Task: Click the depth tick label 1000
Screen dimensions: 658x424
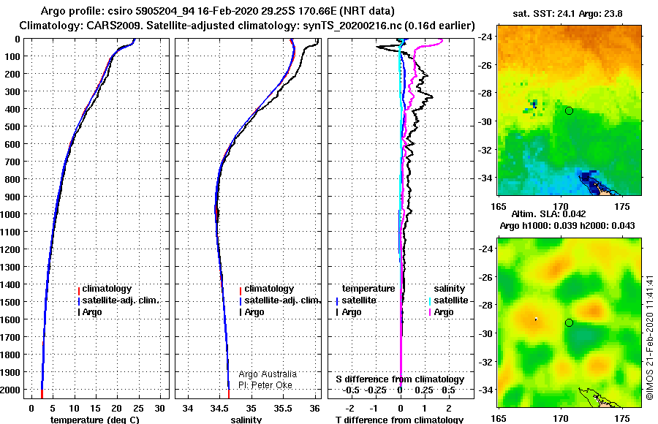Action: [x=10, y=214]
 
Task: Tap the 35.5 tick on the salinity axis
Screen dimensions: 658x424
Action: [x=282, y=409]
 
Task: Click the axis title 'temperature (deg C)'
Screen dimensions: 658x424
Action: [x=94, y=420]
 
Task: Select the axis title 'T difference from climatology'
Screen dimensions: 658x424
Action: [x=399, y=420]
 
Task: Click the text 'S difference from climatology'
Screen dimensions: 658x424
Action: [x=400, y=379]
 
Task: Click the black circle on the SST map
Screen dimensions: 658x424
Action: [x=569, y=111]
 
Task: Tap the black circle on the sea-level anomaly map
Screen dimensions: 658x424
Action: [x=569, y=323]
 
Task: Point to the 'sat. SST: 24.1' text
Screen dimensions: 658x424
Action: [x=544, y=14]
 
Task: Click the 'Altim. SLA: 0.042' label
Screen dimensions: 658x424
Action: [x=549, y=214]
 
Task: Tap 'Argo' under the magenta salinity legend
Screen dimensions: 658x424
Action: [x=444, y=312]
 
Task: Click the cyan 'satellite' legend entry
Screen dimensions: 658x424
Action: [x=450, y=300]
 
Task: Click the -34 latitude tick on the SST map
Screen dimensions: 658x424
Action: [x=485, y=178]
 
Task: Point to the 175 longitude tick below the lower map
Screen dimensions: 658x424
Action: [x=622, y=419]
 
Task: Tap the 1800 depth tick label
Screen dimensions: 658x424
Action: [x=10, y=355]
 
